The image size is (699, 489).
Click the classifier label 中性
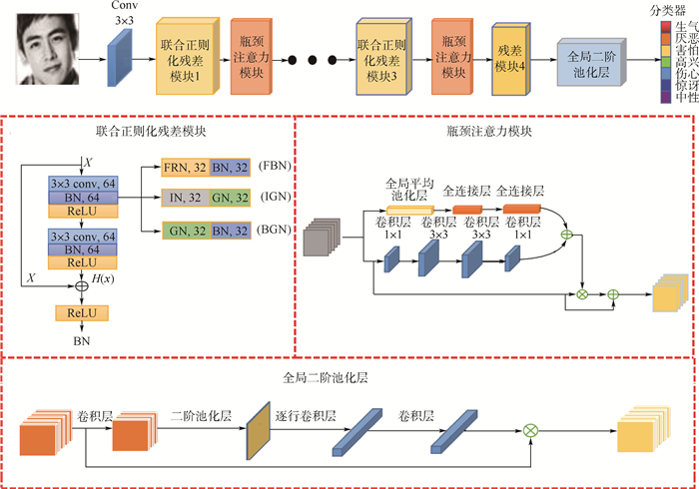[685, 97]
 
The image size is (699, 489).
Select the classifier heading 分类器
[665, 9]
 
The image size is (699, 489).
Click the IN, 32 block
[184, 197]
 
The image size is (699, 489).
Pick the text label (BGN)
[272, 231]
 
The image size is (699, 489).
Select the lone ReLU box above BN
[81, 313]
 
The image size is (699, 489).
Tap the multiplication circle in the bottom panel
[530, 430]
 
